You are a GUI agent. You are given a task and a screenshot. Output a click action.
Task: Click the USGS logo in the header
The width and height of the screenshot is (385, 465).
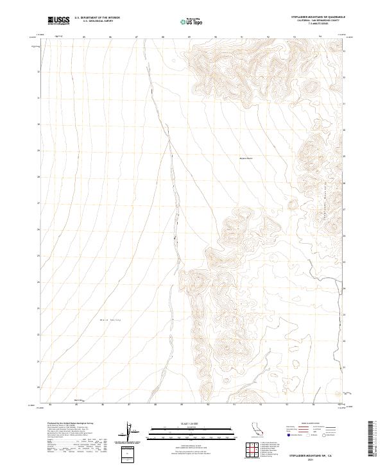(x=58, y=21)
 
